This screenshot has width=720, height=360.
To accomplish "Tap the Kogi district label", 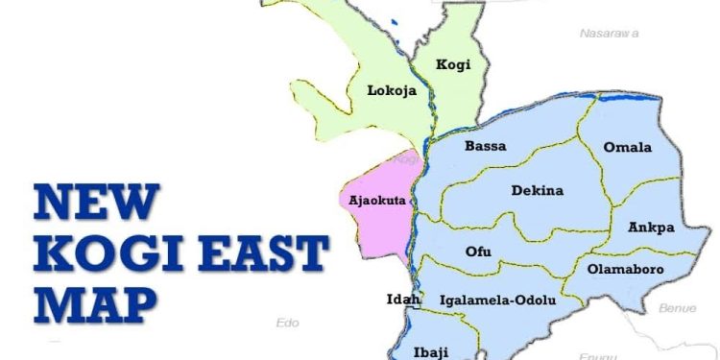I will click(453, 64).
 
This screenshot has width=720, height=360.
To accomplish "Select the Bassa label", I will click(485, 147).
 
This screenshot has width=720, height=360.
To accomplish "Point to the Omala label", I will click(627, 147).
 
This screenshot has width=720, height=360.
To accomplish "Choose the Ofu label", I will click(478, 252).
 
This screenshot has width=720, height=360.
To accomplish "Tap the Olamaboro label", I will click(625, 270).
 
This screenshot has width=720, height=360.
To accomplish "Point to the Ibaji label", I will click(430, 350).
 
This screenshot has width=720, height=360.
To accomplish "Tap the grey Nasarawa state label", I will click(611, 33).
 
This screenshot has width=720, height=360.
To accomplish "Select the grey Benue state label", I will click(677, 308).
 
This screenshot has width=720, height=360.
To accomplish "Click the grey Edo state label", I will click(287, 323).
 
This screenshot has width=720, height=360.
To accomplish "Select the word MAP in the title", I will click(94, 305).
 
